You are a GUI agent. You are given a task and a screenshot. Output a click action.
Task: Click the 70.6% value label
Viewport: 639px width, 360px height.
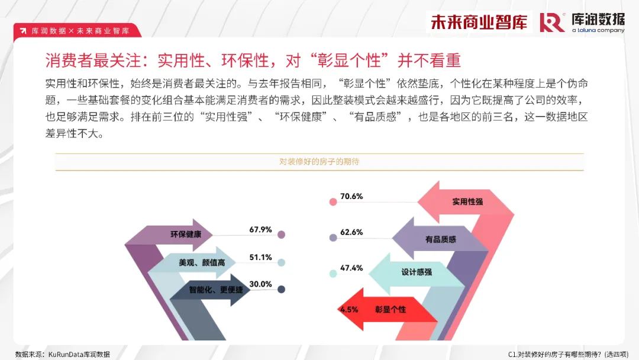(351, 196)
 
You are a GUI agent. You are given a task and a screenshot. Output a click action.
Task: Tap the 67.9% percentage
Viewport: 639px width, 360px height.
(260, 230)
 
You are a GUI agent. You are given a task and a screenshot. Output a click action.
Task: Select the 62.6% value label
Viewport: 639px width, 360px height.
(351, 232)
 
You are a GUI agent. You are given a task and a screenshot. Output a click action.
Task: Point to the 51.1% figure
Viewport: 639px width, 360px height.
(260, 257)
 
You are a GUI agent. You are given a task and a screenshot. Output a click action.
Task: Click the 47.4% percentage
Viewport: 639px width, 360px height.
(351, 268)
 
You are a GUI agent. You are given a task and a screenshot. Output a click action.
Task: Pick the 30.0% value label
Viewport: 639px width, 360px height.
(260, 284)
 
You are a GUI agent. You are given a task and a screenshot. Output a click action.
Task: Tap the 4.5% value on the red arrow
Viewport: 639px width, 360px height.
(349, 310)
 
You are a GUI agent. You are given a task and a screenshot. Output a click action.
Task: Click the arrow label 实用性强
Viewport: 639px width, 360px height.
(467, 201)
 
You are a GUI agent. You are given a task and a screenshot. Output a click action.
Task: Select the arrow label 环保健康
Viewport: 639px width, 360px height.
(186, 234)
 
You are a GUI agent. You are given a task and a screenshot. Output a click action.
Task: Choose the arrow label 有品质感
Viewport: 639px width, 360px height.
(441, 239)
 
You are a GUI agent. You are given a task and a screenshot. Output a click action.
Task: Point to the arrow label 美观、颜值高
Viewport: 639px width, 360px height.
(202, 262)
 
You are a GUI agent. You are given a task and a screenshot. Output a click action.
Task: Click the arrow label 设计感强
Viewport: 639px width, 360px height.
(417, 272)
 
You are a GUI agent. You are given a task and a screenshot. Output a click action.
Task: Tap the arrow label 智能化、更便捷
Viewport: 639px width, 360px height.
(216, 290)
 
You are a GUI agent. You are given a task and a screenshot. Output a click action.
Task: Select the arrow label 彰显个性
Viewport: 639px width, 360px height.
(390, 310)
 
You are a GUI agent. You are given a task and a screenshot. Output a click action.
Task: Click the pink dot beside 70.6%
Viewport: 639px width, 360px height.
(333, 202)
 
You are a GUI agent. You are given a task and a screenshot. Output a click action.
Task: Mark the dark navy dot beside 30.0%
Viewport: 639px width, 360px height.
(281, 290)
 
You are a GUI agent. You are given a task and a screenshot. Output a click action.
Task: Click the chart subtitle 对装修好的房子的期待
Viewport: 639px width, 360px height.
(319, 162)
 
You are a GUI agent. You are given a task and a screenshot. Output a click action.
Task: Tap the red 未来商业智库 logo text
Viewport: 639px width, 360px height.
(479, 22)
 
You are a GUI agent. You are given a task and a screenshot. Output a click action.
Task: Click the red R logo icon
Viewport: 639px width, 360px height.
(552, 22)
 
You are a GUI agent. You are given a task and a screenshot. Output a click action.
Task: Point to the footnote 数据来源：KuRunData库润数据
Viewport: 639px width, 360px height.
(63, 354)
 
